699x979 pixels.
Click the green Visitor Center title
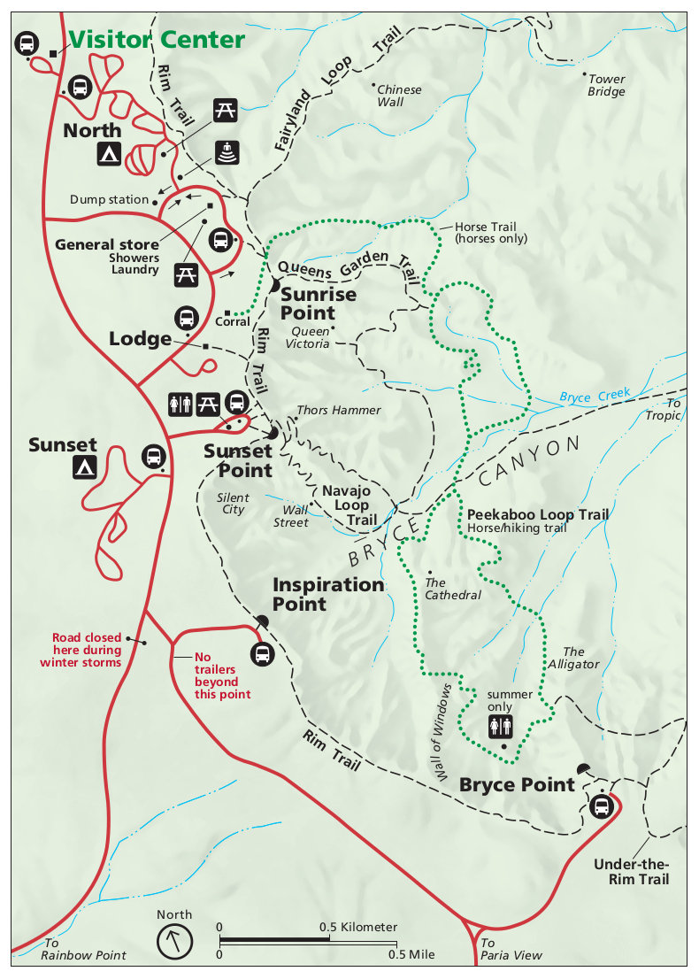157,40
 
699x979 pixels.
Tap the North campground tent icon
109,154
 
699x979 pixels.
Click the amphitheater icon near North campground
227,153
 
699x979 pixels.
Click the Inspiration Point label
328,594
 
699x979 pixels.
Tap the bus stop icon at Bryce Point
602,806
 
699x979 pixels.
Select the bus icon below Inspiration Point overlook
262,654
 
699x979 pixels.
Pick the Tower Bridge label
606,85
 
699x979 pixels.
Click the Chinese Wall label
399,96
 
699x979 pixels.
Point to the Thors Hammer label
339,410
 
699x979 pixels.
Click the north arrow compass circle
174,941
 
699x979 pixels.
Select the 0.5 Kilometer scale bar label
358,927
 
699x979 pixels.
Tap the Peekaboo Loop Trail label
538,514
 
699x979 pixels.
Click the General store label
107,244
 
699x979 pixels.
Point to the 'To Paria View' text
511,949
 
